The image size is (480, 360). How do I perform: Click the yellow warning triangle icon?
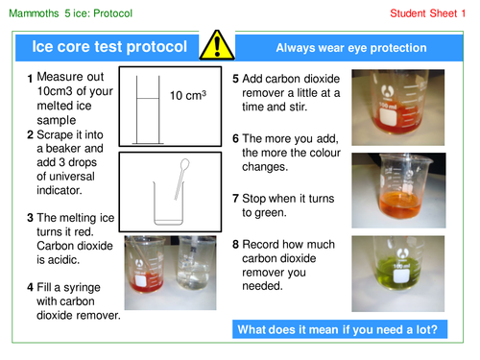click(x=222, y=44)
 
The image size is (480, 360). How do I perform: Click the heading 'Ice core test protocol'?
click(x=111, y=45)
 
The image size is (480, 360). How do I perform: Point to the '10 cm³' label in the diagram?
click(x=188, y=96)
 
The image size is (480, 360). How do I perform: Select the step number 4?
click(x=31, y=287)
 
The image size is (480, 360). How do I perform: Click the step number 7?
click(x=236, y=199)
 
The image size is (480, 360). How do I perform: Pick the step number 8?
click(x=236, y=245)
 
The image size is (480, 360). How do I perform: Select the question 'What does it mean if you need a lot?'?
click(x=340, y=330)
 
